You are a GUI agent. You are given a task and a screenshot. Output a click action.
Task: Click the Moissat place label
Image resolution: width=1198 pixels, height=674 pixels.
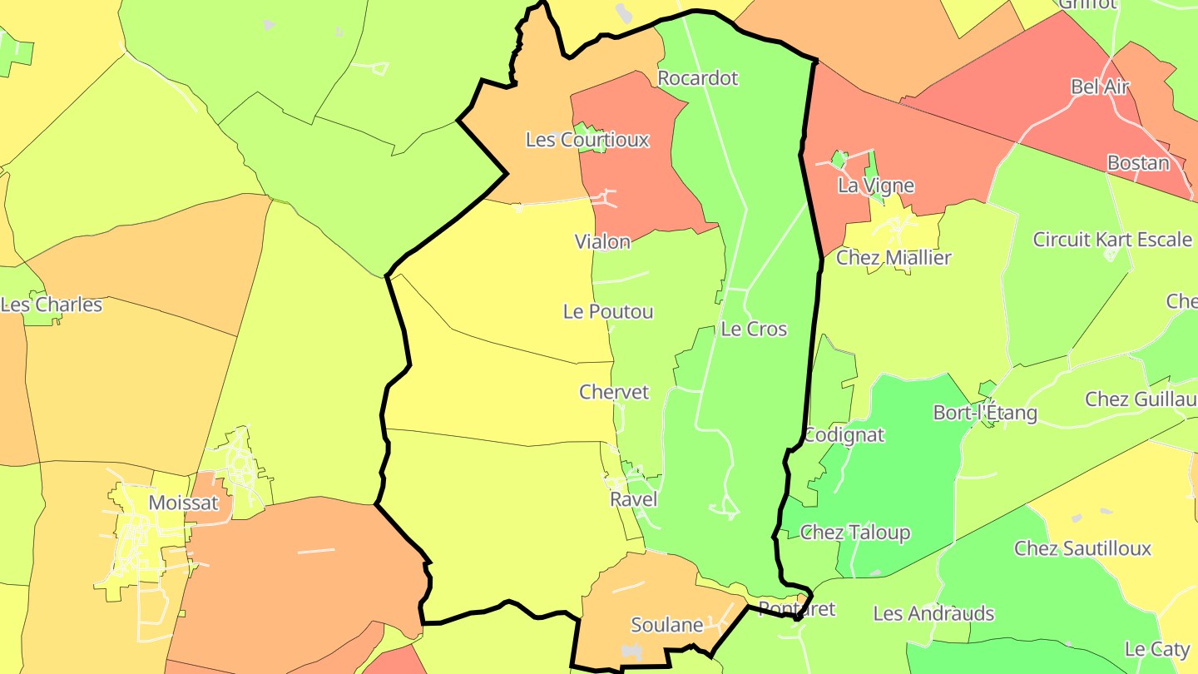(x=183, y=503)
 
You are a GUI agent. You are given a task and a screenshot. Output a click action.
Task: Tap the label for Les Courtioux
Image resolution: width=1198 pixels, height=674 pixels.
(x=587, y=139)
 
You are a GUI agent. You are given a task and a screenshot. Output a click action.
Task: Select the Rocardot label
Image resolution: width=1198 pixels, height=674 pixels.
(x=697, y=78)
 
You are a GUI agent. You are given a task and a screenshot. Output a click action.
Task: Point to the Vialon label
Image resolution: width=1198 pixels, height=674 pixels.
(x=602, y=241)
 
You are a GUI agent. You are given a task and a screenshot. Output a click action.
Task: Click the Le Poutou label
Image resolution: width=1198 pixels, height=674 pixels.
(x=608, y=312)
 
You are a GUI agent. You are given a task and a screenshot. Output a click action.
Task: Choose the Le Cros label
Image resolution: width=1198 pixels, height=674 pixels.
(x=754, y=329)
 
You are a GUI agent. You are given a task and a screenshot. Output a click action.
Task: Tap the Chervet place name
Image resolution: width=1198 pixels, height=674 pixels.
(x=614, y=392)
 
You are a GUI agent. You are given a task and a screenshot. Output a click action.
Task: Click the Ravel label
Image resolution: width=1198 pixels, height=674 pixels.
(x=633, y=499)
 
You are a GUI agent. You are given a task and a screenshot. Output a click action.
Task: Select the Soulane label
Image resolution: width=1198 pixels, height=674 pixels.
(x=667, y=625)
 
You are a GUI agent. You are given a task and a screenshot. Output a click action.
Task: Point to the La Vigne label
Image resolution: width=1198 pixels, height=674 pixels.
(x=876, y=186)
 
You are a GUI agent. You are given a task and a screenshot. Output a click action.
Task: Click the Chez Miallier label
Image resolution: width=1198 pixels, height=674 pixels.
(x=894, y=258)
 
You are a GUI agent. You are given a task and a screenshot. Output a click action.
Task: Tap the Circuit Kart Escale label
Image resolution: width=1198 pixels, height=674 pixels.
(x=1112, y=240)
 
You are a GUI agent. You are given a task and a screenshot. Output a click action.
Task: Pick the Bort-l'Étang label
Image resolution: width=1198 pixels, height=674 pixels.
(x=985, y=413)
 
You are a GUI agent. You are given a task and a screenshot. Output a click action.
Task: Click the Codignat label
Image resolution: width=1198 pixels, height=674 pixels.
(x=844, y=435)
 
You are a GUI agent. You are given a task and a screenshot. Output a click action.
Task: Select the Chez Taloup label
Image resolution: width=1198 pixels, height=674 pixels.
(x=854, y=533)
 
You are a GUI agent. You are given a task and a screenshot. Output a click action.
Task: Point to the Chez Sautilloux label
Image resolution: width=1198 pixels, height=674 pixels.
(x=1082, y=548)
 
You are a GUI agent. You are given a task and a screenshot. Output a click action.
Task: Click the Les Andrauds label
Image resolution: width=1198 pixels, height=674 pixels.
(x=933, y=614)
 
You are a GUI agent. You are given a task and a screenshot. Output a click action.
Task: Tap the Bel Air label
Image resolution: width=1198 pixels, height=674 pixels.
(x=1100, y=87)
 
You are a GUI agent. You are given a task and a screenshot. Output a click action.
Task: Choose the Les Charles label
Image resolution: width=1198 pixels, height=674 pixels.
(x=52, y=305)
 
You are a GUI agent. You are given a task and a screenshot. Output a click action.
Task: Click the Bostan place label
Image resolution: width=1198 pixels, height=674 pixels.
(x=1138, y=162)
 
